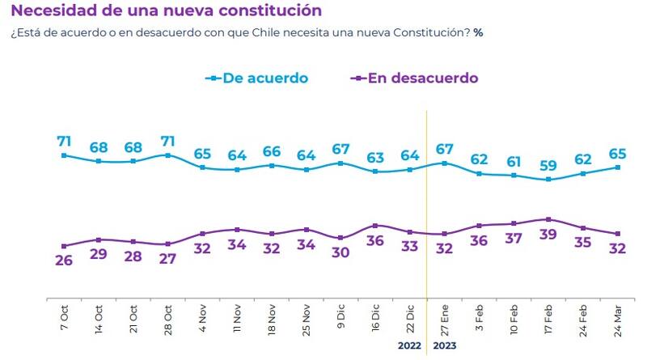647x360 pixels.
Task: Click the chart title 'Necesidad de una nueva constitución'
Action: pyautogui.click(x=166, y=11)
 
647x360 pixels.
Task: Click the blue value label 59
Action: pyautogui.click(x=549, y=165)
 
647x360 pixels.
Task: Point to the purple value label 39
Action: pyautogui.click(x=549, y=235)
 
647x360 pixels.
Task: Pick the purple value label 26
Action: pyautogui.click(x=63, y=260)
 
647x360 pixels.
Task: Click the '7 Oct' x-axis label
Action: pyautogui.click(x=63, y=316)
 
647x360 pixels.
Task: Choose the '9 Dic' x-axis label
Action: pyautogui.click(x=340, y=316)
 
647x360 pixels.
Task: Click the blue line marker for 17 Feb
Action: pyautogui.click(x=549, y=180)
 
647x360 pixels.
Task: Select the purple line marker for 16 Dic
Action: pyautogui.click(x=375, y=225)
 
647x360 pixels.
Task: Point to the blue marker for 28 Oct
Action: pyautogui.click(x=167, y=155)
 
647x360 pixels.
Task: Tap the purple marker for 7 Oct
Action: pyautogui.click(x=63, y=246)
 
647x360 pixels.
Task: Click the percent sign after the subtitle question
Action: pyautogui.click(x=478, y=33)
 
